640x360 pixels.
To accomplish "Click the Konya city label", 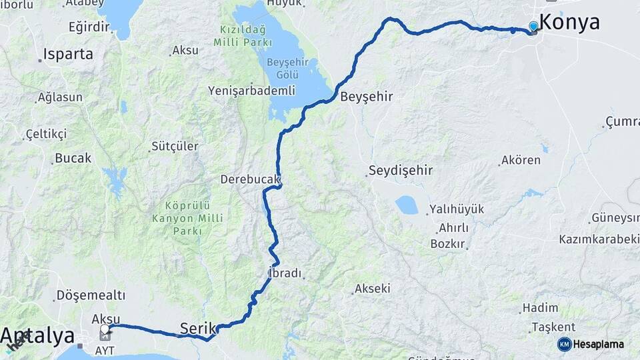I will [569, 22].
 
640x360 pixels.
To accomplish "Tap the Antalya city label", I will [37, 335].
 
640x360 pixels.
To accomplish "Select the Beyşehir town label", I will [366, 97].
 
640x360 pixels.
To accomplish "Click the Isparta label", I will [68, 55].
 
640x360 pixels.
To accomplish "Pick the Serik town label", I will [198, 328].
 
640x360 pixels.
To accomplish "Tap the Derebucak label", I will [251, 180].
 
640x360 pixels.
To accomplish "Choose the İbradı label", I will [284, 273].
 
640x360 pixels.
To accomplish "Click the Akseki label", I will [373, 289].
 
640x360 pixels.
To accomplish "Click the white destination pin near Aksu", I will [105, 329].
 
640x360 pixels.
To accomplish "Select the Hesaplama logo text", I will [598, 344].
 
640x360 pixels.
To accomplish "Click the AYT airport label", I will [105, 349].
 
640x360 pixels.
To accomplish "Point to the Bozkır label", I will [447, 244].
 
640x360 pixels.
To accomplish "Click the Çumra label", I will [623, 122].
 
